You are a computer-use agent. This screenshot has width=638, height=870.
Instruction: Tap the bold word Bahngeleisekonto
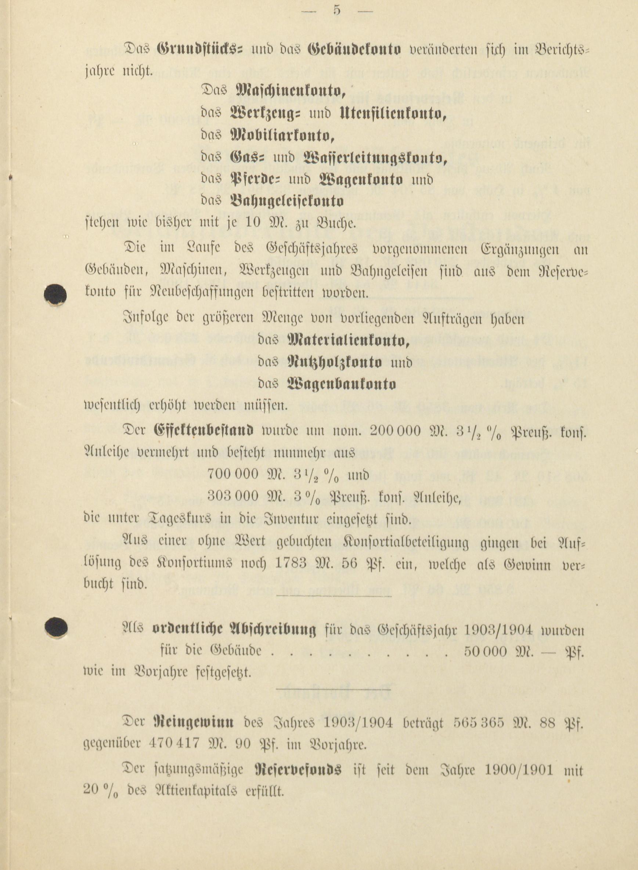(286, 202)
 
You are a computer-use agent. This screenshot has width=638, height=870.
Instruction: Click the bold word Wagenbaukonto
(342, 384)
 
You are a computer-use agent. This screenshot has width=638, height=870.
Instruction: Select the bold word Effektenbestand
(204, 430)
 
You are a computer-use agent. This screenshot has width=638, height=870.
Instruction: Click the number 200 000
(394, 430)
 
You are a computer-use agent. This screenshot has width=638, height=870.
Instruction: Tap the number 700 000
(233, 474)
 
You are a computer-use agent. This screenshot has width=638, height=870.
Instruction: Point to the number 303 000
(233, 496)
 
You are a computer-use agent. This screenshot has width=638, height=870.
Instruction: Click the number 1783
(291, 565)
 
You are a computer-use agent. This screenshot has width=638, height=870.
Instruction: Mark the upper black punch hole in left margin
(55, 295)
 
